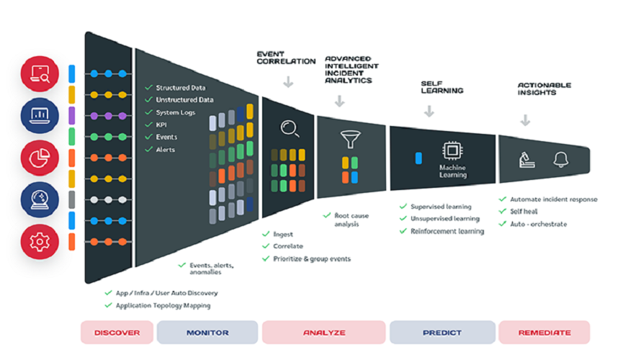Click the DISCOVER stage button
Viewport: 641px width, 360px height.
click(x=116, y=333)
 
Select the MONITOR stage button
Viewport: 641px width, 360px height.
click(x=207, y=333)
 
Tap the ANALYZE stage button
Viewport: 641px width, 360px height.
click(x=324, y=333)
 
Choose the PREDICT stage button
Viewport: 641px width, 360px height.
click(x=441, y=333)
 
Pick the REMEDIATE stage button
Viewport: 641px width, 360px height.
click(x=544, y=333)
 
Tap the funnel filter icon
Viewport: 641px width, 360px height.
click(x=350, y=137)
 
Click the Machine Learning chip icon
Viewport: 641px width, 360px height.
click(x=452, y=150)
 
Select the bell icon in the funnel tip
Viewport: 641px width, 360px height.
click(x=561, y=159)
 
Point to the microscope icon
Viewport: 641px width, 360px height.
click(x=527, y=160)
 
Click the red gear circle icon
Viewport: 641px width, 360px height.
click(x=40, y=242)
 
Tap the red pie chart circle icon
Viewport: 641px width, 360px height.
click(x=40, y=157)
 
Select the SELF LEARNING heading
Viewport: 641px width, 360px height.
click(x=441, y=87)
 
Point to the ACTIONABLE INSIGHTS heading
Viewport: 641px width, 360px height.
click(x=544, y=89)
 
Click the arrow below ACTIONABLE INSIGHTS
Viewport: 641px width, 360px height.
click(x=525, y=120)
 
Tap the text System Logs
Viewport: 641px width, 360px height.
click(x=176, y=112)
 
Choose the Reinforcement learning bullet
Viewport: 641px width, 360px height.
click(x=447, y=231)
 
